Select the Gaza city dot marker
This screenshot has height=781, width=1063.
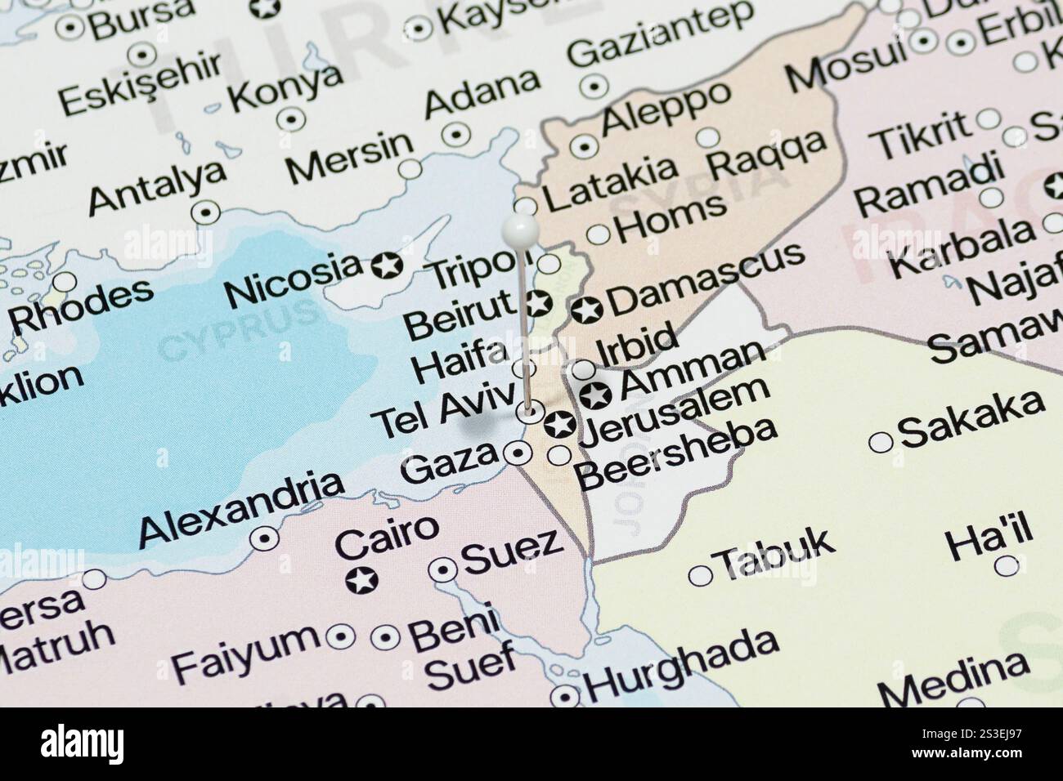(x=517, y=452)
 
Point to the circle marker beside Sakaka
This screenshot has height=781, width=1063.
(x=880, y=442)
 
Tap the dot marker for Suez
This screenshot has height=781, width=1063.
(x=443, y=569)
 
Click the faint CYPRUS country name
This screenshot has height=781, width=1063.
(x=238, y=332)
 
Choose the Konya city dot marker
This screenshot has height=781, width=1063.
(x=291, y=119)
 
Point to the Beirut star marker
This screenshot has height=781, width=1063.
(x=536, y=303)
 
